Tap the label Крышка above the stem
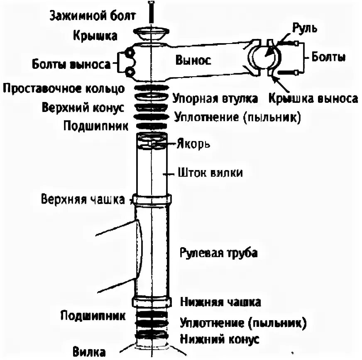95,36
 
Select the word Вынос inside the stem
193,60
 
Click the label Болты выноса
71,65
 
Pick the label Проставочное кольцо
63,88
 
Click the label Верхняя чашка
83,199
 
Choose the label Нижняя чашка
220,302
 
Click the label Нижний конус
220,339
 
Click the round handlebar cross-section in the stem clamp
264,57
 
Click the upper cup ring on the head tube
151,199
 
